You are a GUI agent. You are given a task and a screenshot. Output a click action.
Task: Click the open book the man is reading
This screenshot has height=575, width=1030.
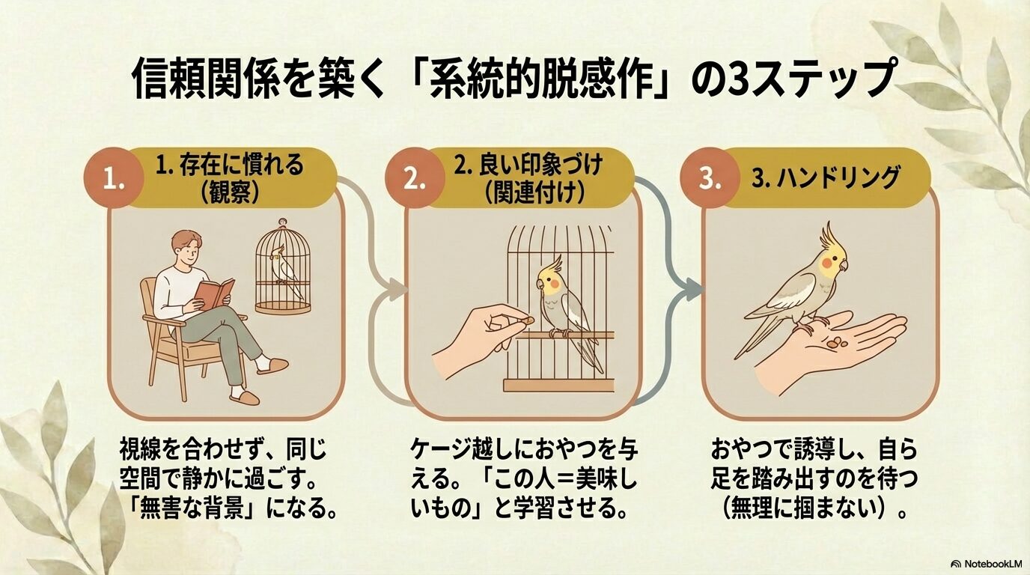(x=214, y=294)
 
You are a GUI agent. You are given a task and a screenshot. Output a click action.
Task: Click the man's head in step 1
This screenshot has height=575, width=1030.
(x=186, y=249)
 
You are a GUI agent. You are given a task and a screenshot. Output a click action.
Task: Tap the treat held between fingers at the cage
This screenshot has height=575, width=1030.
(x=528, y=320)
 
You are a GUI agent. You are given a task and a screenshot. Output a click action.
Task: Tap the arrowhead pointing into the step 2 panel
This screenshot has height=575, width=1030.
(x=397, y=289)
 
